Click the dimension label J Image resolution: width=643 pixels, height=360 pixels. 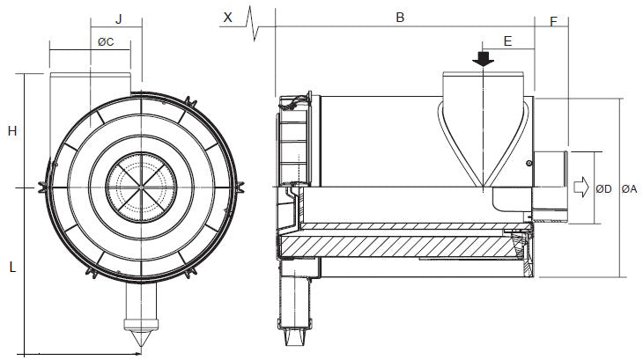tap(117, 18)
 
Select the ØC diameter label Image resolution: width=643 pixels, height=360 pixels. tap(104, 41)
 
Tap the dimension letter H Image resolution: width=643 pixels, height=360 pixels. tap(12, 131)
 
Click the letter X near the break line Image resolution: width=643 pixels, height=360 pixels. tap(228, 17)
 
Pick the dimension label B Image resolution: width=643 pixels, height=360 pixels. tap(399, 18)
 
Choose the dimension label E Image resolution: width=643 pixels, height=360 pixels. tap(507, 40)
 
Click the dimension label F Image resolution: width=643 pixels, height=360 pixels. tap(553, 19)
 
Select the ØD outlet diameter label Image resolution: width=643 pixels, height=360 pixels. tap(604, 188)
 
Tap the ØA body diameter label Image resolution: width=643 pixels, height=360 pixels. tap(630, 188)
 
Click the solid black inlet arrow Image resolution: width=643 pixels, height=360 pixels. tap(484, 59)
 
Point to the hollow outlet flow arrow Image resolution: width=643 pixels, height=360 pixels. tap(581, 187)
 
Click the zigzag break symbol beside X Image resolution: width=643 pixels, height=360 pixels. tap(254, 19)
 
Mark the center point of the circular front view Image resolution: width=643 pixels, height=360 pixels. tap(141, 187)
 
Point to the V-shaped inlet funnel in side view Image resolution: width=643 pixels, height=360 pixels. tap(484, 141)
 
